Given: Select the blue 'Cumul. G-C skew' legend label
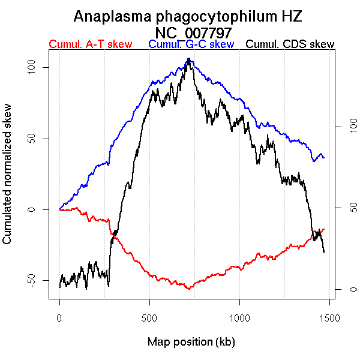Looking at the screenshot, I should click(x=191, y=44).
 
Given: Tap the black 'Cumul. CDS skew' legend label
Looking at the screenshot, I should click(x=290, y=44).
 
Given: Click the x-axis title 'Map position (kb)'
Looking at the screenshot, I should click(x=191, y=342).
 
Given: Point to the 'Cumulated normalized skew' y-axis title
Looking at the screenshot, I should click(x=7, y=181).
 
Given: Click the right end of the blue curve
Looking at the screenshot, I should click(x=324, y=158).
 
